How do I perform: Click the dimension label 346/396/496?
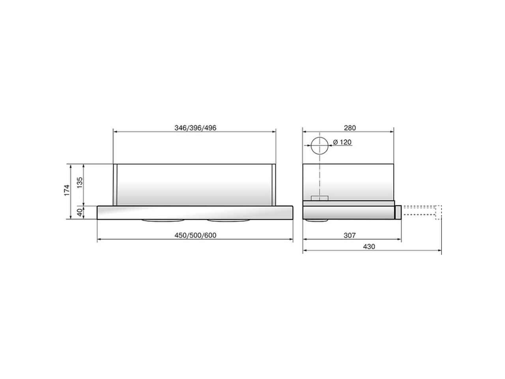point(195,128)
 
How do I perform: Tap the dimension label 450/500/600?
point(195,235)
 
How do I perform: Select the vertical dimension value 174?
point(67,190)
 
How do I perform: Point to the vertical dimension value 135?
point(79,182)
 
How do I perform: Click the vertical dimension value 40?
point(79,212)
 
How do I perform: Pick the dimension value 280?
point(350,128)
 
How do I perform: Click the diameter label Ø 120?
point(342,142)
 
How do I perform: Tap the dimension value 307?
point(350,235)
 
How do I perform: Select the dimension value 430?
point(369,246)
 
